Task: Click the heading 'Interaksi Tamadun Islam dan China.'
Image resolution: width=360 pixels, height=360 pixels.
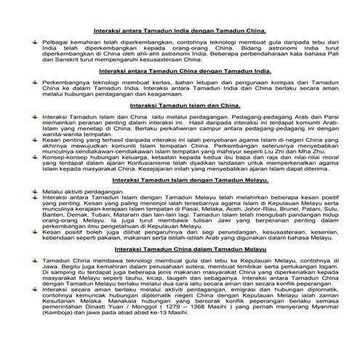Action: [180, 105]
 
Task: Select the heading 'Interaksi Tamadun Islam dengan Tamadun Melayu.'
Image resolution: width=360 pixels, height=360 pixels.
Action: [179, 178]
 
